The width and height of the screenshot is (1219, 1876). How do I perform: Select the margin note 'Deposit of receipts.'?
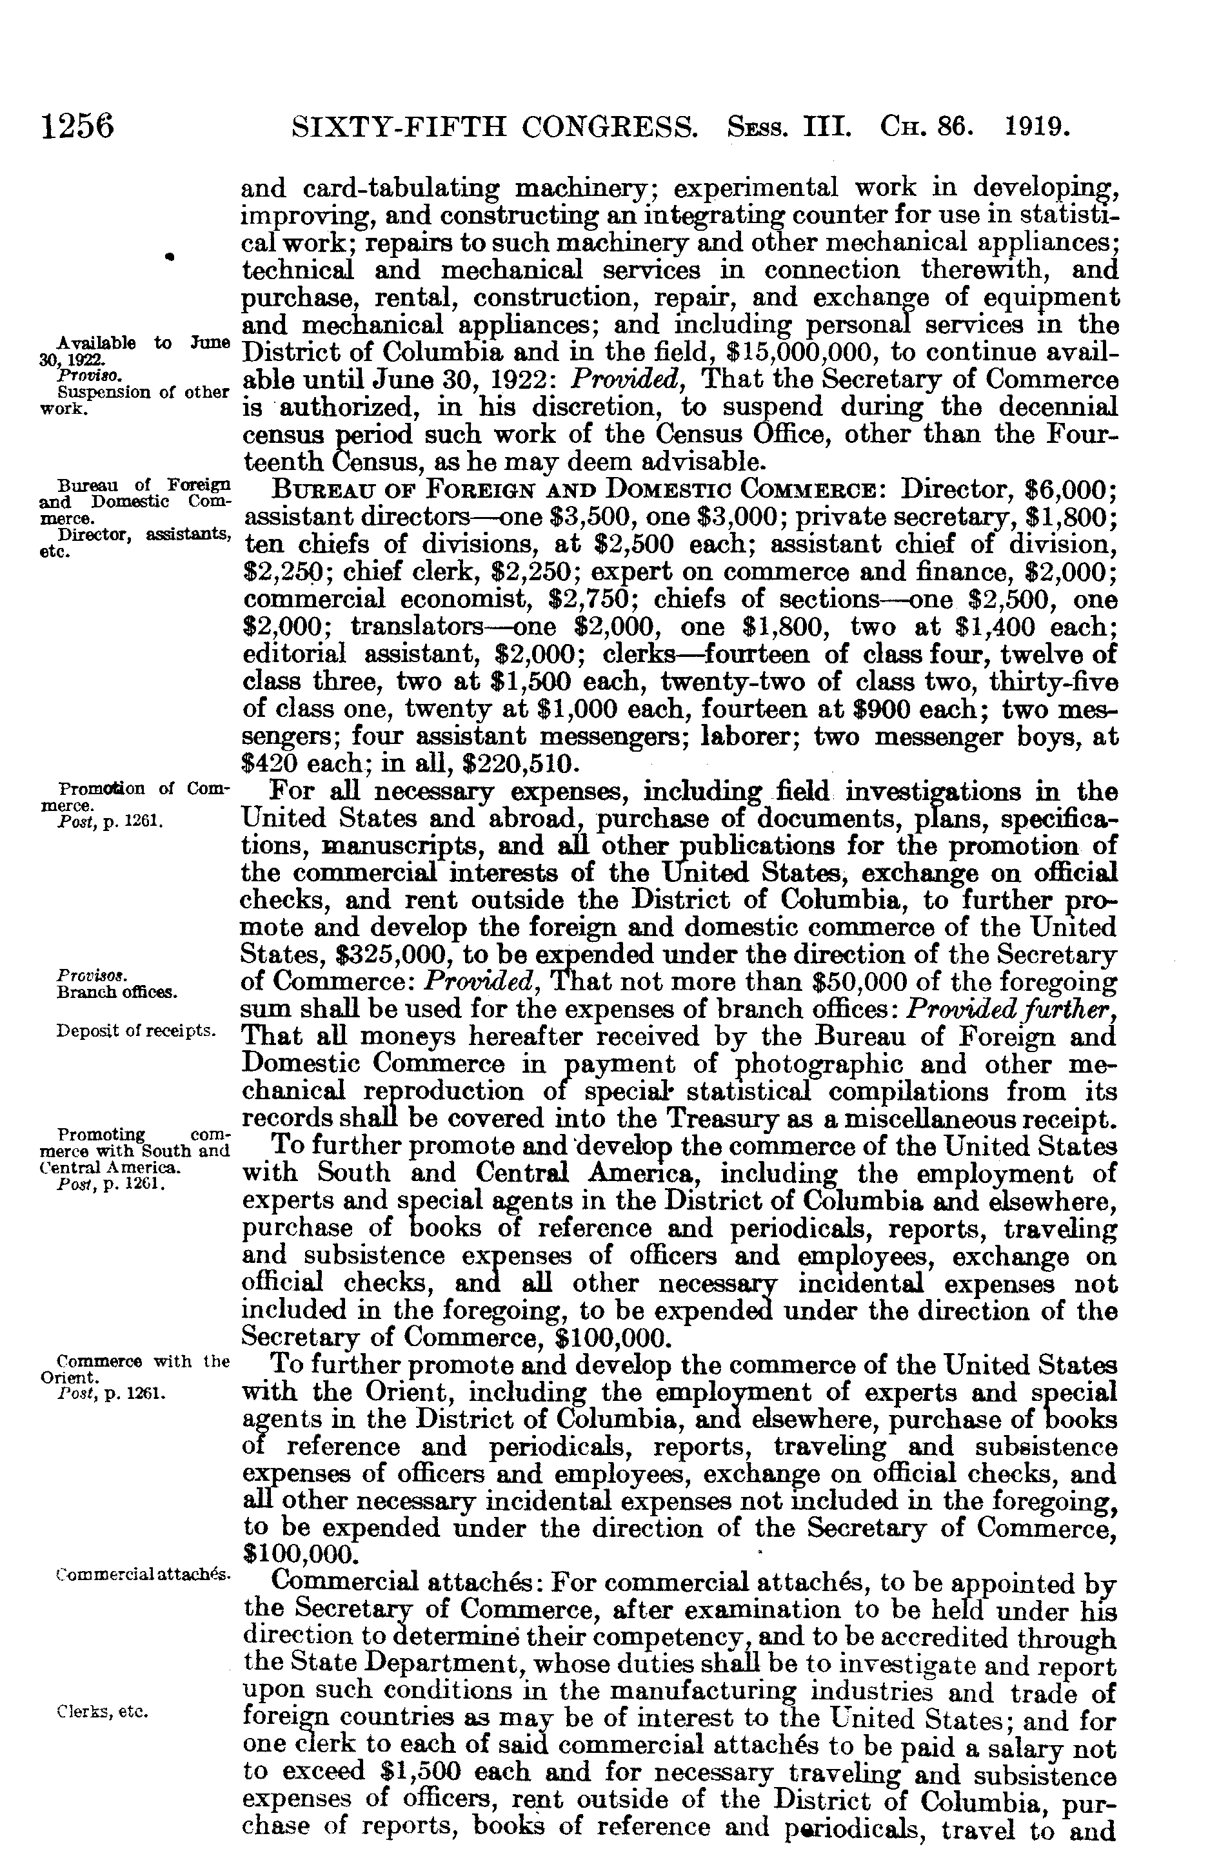(x=136, y=1031)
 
